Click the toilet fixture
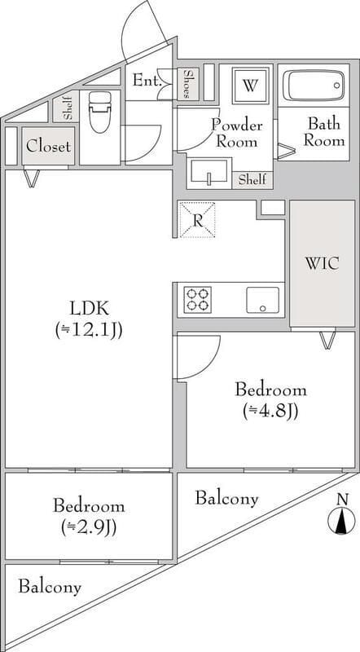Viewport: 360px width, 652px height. coord(100,112)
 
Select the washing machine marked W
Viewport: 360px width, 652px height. coord(249,86)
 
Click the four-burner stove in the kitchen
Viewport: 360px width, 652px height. coord(197,299)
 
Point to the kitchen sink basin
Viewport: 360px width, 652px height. coord(263,300)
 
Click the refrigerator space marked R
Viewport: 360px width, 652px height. coord(197,220)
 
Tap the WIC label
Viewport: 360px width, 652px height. coord(322,263)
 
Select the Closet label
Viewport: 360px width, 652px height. coord(48,147)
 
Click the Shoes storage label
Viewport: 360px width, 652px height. coord(188,84)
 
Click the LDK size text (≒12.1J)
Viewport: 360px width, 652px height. coord(89,331)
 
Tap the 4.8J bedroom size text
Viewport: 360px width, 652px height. coord(270,411)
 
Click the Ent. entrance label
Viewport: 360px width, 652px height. coord(147,81)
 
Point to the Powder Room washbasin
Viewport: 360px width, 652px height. coord(209,171)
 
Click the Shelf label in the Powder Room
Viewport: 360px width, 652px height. coord(252,180)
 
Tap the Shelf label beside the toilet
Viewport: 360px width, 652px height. coord(68,108)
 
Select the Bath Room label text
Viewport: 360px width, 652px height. coord(324,132)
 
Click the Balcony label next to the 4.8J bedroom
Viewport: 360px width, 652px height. coord(226,498)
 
